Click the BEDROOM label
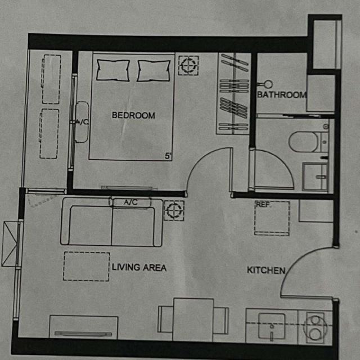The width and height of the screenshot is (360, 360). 133,115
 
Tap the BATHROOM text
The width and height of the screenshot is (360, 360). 282,94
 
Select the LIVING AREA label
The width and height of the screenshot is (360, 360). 139,268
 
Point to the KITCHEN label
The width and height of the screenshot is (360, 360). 266,270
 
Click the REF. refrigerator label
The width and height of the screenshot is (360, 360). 263,205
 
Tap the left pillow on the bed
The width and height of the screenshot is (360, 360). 113,70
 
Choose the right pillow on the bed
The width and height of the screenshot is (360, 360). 154,71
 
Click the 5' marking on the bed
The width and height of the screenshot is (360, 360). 168,156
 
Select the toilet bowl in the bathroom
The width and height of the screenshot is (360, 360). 303,142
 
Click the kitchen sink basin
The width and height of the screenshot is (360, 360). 272,326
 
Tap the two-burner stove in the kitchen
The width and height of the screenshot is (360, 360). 315,327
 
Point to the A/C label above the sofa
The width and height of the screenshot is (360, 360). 130,202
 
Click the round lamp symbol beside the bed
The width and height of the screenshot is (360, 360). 188,65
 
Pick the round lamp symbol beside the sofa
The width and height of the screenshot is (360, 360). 174,210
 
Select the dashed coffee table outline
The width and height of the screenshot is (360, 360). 86,267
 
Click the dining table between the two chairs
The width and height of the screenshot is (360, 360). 193,319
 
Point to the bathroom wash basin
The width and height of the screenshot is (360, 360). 316,177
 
